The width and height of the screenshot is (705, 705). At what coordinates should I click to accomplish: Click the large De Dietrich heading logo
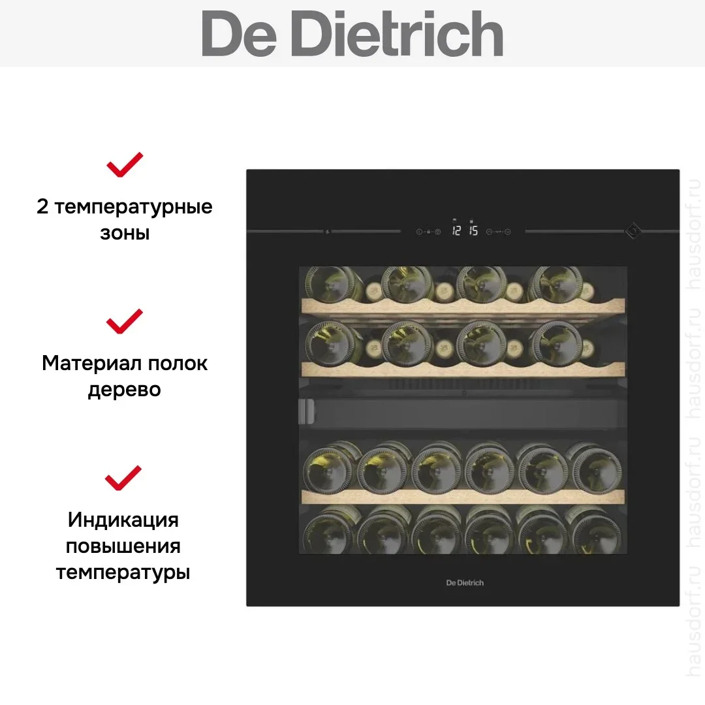tap(352, 34)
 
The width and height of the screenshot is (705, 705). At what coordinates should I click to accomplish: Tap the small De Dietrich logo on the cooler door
tap(465, 583)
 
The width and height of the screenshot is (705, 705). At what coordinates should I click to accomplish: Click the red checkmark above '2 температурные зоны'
tap(125, 164)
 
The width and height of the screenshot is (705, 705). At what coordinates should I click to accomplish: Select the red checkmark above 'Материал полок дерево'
tap(125, 321)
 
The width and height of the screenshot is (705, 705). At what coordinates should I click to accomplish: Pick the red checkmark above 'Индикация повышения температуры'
tap(123, 478)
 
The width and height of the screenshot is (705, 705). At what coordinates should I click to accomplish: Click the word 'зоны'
tap(125, 233)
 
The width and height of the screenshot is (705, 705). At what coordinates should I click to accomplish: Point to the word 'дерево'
tap(125, 390)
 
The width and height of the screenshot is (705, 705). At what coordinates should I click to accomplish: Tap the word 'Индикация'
tap(123, 520)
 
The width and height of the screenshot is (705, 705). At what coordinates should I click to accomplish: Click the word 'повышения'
tap(123, 547)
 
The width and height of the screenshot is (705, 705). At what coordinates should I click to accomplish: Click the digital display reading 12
tap(456, 230)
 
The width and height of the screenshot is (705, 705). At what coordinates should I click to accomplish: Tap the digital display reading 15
tap(473, 230)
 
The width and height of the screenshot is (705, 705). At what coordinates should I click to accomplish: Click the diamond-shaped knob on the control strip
tap(633, 231)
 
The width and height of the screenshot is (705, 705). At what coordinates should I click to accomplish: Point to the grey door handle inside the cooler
tap(306, 411)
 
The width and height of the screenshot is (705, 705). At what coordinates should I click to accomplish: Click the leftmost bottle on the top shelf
tap(333, 284)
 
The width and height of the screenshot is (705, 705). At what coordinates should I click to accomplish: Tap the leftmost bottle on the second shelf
tap(333, 345)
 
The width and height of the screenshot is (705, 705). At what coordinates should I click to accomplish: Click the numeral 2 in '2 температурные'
tap(42, 207)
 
